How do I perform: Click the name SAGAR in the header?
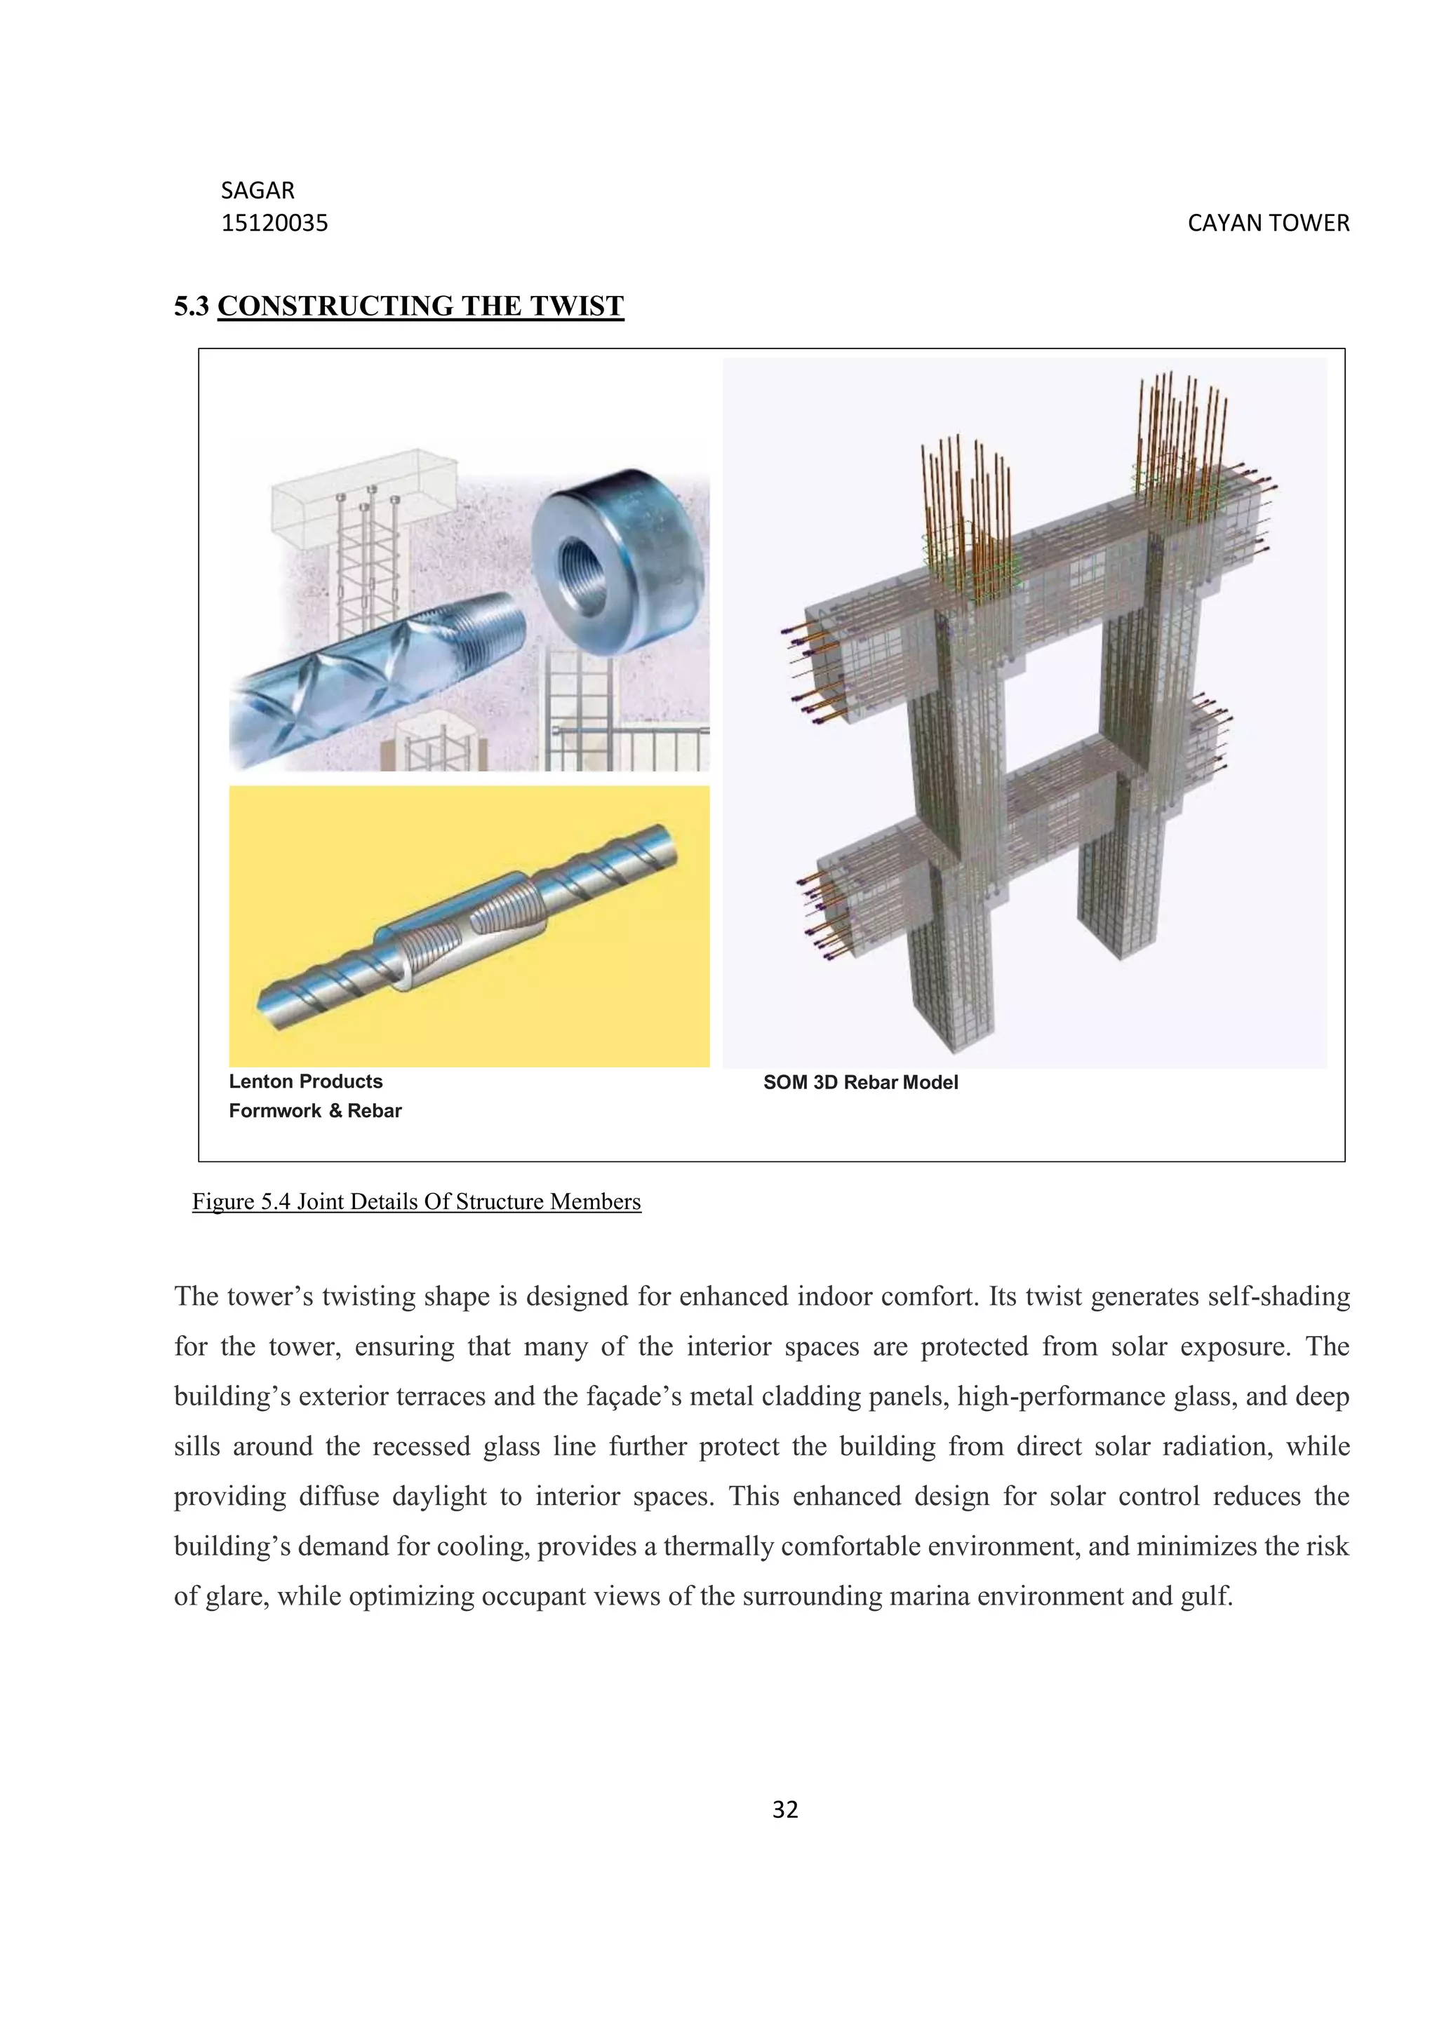click(x=258, y=190)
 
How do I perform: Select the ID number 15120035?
click(x=274, y=223)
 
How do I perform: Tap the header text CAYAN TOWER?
click(x=1268, y=223)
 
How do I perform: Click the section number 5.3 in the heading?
click(x=191, y=306)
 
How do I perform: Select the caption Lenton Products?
click(x=305, y=1081)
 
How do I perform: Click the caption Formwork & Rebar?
click(x=315, y=1110)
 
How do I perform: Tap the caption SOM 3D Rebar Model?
click(x=860, y=1082)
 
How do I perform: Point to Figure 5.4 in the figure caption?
click(x=241, y=1201)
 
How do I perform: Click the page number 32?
click(x=785, y=1810)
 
